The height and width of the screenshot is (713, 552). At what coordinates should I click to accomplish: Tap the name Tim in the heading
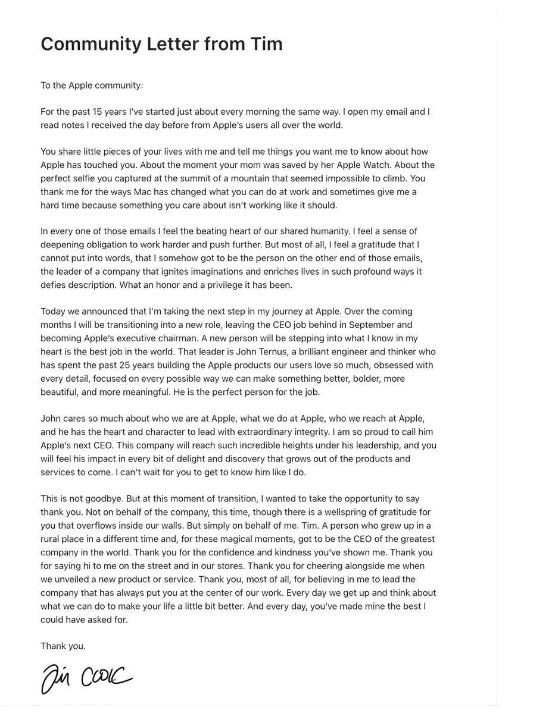click(266, 44)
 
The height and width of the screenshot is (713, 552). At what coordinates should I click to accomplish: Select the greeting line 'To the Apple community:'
click(92, 85)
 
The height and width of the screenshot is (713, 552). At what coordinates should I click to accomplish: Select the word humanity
click(328, 231)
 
